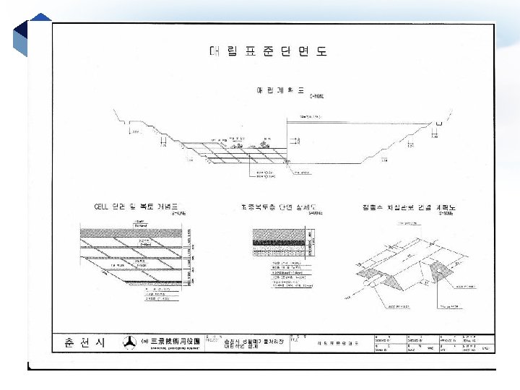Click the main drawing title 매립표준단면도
(268, 51)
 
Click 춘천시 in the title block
(85, 342)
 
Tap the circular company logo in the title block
(129, 342)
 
